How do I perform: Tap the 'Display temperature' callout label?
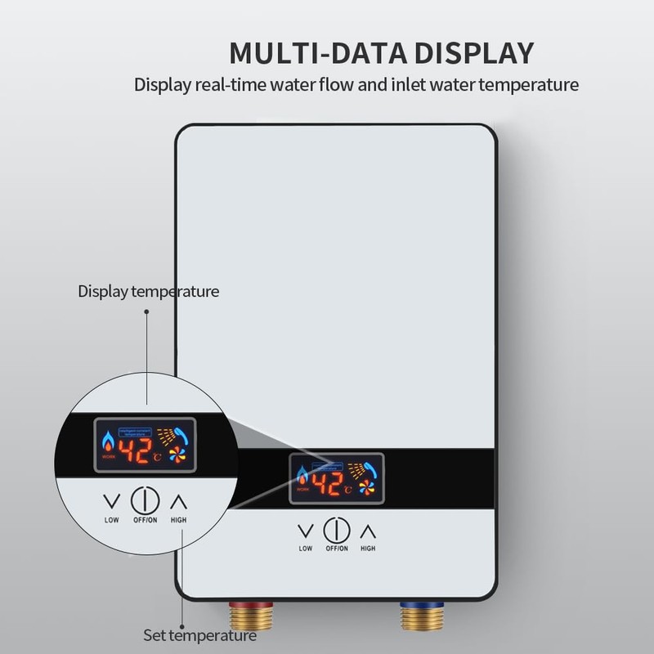(x=148, y=291)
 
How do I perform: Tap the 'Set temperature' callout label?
(x=199, y=634)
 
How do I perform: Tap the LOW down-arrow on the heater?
(x=306, y=531)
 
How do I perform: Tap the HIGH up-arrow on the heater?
(x=367, y=531)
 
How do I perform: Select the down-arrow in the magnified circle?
(x=110, y=499)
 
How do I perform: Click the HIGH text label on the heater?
(x=368, y=549)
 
